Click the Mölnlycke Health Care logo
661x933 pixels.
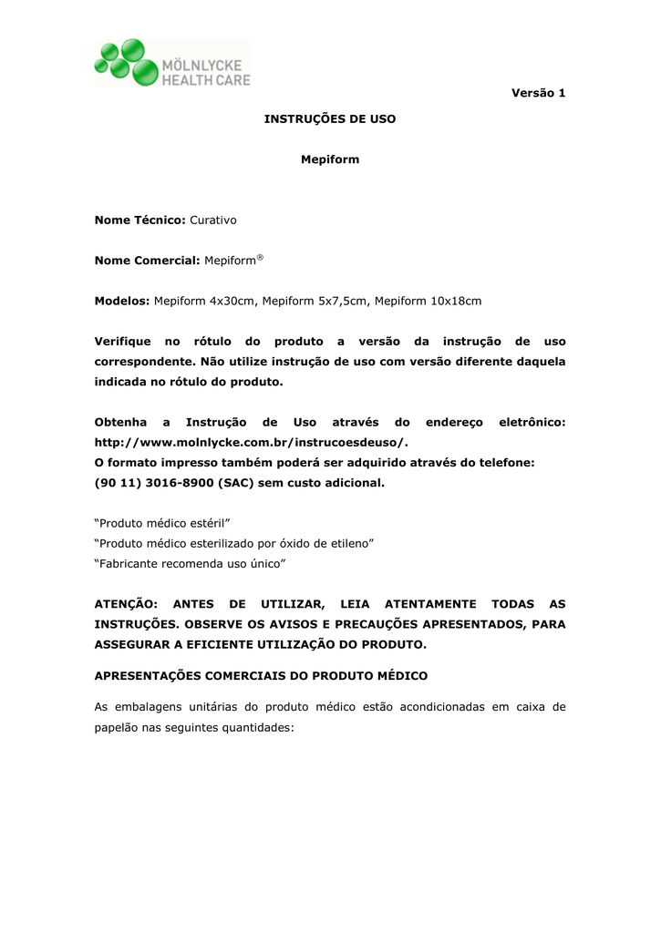point(171,63)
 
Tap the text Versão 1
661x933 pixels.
point(538,93)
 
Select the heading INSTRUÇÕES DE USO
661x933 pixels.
point(329,119)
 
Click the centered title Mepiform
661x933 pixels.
point(330,159)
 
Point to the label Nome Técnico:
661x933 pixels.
point(140,220)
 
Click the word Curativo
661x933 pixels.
point(212,220)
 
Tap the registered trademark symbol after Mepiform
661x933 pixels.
point(260,257)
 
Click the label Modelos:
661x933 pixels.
point(122,301)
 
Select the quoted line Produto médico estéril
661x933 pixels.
point(162,524)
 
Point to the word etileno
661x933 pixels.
point(351,544)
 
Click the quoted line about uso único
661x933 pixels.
point(191,564)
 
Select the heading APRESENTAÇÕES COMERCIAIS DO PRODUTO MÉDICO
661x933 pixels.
point(261,676)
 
